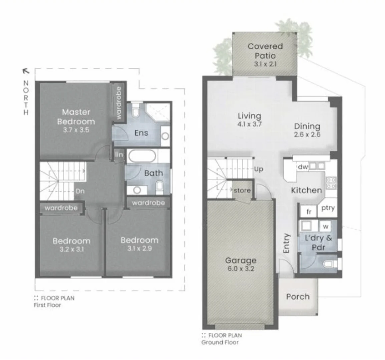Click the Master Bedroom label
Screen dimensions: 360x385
76,117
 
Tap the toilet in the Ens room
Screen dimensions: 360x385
135,110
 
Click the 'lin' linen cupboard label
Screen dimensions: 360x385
119,155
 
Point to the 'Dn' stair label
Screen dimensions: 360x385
80,191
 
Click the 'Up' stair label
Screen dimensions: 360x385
259,169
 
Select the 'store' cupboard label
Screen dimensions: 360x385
242,190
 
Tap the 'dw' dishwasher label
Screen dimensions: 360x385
302,167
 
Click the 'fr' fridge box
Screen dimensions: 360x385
309,212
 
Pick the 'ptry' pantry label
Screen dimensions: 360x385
328,208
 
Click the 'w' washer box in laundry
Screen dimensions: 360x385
326,227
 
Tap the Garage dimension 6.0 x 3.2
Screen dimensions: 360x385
240,269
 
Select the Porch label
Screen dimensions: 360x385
298,297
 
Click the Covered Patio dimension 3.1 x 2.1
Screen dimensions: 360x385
265,64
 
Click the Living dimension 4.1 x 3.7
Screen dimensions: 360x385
249,124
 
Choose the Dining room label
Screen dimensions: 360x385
307,126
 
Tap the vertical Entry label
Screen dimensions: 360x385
286,243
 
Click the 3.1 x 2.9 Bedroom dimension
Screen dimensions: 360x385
139,248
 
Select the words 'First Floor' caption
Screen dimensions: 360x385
47,305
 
